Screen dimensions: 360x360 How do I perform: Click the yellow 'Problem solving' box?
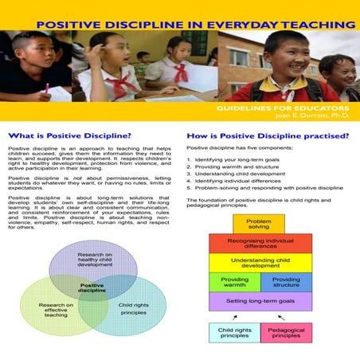[259, 224]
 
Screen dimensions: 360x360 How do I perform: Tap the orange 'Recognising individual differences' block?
[259, 243]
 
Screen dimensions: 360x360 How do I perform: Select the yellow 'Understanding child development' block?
[259, 263]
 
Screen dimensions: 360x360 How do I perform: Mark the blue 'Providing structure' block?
[286, 283]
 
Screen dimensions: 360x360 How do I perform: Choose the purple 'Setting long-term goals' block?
[259, 301]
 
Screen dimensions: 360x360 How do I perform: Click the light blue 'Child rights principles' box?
[234, 331]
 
